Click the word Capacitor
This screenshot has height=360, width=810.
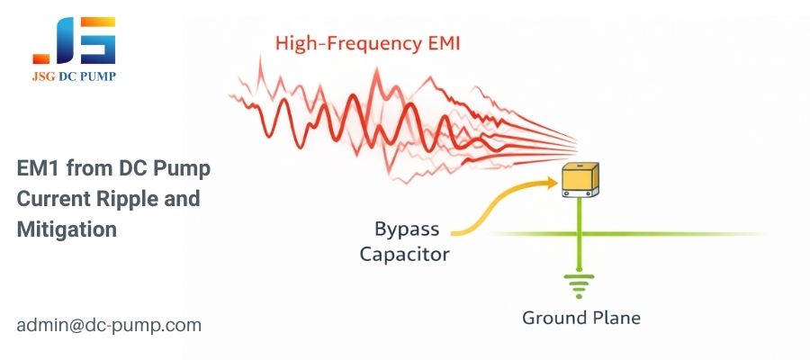[405, 254]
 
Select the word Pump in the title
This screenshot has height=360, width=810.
[185, 168]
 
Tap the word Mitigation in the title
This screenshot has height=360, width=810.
[67, 229]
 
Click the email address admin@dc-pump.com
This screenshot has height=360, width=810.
[108, 325]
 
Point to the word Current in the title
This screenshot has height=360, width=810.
[49, 199]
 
